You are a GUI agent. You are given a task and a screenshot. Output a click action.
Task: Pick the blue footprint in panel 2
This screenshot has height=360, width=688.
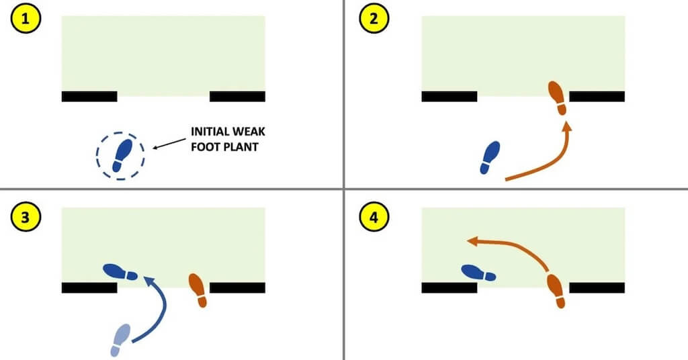point(490,158)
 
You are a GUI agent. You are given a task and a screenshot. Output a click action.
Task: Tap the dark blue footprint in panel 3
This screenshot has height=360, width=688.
point(120,272)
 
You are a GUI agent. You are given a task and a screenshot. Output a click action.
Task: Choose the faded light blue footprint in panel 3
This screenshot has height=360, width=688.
point(120,339)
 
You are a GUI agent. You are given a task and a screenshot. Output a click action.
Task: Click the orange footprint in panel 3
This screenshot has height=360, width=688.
point(198,290)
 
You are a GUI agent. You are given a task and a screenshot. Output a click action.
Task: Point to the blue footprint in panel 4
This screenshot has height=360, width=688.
point(478,273)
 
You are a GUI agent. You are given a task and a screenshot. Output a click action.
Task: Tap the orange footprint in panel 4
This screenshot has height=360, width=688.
point(556,291)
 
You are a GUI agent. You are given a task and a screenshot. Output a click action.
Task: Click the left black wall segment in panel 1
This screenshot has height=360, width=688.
point(89,97)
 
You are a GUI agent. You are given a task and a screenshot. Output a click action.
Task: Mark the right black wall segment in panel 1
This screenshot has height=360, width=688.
point(237,97)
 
